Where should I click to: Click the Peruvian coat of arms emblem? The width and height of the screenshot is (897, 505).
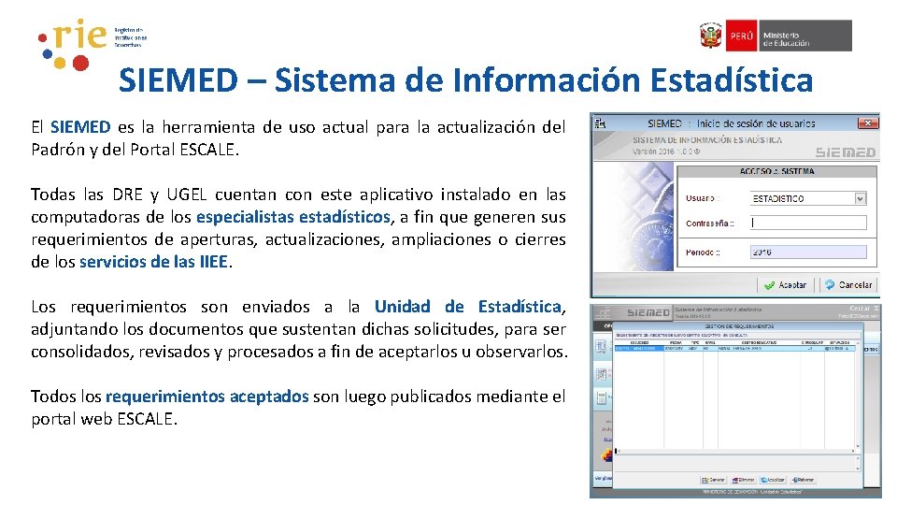click(711, 36)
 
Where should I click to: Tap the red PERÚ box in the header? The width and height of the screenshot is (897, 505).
click(741, 36)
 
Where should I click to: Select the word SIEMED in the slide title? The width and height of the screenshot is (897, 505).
click(178, 81)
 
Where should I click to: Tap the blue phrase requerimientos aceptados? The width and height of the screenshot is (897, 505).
click(206, 397)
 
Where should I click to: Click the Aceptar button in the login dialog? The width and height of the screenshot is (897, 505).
click(786, 284)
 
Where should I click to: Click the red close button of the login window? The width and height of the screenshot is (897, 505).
click(872, 123)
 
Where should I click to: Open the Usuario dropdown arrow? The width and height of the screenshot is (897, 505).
click(861, 198)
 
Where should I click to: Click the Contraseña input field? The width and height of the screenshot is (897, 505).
click(808, 224)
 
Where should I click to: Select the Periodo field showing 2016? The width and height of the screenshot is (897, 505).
click(808, 252)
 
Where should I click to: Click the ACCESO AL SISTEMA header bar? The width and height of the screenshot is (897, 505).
click(776, 171)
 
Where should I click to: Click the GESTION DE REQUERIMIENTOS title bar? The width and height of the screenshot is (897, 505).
click(737, 325)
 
